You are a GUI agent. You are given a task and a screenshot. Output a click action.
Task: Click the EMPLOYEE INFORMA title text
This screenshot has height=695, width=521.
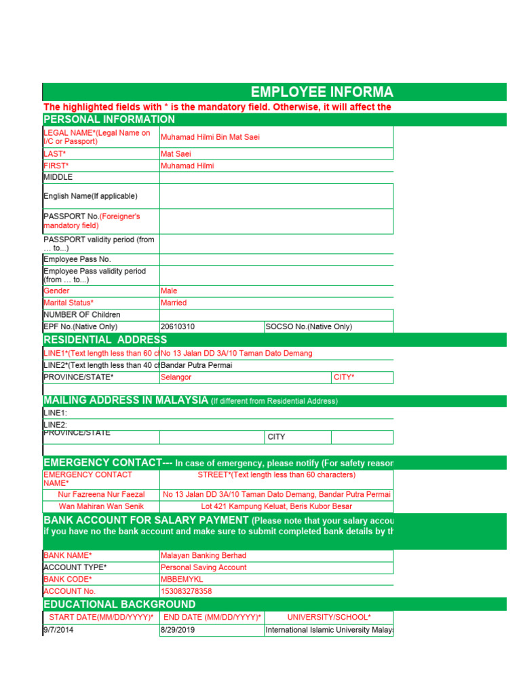pos(322,92)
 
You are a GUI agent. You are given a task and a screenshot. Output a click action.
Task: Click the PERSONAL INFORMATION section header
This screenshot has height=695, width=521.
pos(109,119)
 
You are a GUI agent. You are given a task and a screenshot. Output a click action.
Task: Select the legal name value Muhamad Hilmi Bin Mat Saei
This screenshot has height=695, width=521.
pos(210,137)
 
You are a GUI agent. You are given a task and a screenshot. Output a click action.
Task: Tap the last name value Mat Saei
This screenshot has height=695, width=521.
pos(176,154)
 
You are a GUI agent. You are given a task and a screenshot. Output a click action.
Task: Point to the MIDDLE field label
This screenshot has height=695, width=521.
pos(58,177)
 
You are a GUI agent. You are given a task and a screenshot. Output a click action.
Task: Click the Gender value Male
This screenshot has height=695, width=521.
pos(169,290)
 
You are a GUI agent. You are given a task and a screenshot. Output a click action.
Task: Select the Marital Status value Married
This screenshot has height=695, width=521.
pos(174,303)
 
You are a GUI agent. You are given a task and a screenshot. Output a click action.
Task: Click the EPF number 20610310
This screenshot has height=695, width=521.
pos(178,326)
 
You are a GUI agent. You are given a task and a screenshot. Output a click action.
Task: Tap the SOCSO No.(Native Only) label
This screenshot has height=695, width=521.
pos(309,326)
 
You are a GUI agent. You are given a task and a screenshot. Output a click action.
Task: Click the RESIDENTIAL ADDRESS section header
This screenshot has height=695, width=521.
pos(105,339)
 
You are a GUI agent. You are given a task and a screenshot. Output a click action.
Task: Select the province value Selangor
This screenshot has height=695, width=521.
pos(176,377)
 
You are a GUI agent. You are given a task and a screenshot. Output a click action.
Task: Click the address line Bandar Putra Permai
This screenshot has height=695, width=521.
pos(196,365)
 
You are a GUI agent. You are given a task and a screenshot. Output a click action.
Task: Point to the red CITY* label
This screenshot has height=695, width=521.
pos(344,377)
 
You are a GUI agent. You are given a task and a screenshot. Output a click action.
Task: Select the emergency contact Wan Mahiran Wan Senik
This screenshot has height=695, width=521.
pos(102,506)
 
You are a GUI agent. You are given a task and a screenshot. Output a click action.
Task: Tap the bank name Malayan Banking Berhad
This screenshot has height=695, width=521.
pos(204,555)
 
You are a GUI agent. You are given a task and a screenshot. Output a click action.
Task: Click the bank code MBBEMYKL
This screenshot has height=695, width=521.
pos(182,580)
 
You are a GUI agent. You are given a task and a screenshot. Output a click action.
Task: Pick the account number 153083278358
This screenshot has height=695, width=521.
pos(186,591)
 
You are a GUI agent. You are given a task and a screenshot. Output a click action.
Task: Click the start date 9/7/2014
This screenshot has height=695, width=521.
pos(58,630)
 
